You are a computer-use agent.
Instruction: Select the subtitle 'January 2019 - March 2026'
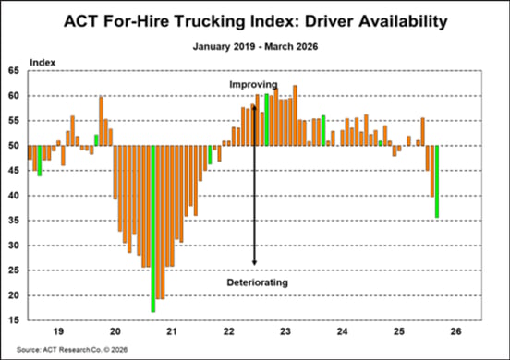coord(254,44)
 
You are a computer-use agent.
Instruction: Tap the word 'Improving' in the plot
coord(253,85)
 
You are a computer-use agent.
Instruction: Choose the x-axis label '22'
coord(228,331)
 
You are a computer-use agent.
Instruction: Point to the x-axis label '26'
coord(455,331)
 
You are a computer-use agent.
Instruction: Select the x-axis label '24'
coord(342,331)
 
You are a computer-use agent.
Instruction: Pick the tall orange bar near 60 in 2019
coord(101,121)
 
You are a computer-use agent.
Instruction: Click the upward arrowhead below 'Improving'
coord(253,108)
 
